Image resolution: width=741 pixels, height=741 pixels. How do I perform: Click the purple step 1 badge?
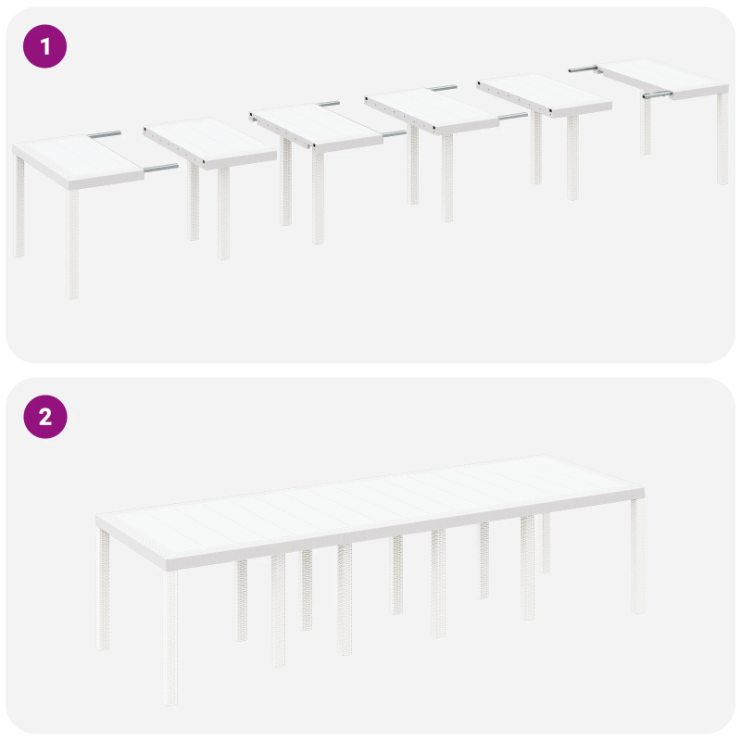point(44,45)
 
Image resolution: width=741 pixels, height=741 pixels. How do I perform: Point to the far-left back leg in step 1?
point(19,208)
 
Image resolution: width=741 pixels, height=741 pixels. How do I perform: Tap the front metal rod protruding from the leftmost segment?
point(159,169)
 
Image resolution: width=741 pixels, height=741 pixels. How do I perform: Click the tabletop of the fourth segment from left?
point(432,109)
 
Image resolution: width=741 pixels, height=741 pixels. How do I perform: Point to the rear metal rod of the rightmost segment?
point(584,68)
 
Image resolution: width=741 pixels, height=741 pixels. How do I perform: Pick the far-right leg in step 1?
point(722,139)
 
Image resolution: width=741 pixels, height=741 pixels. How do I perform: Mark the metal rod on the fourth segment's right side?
point(511,117)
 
